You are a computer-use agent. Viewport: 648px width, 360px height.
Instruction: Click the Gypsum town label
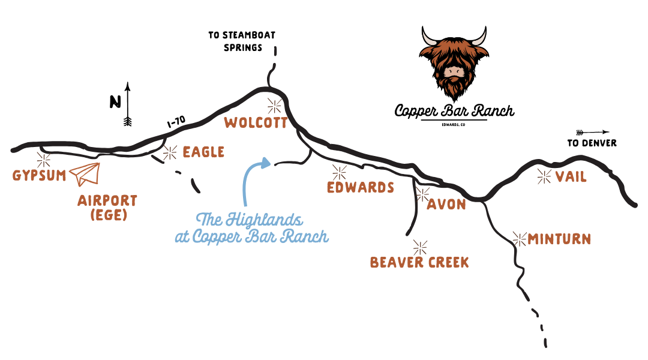point(39,176)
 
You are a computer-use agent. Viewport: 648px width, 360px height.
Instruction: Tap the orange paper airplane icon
point(85,173)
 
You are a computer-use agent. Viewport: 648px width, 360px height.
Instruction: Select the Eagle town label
point(203,152)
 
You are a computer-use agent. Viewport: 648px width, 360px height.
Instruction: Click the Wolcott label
point(256,123)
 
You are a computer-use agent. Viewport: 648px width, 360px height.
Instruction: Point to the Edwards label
point(360,188)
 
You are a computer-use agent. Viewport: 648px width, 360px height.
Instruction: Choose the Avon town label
point(446,205)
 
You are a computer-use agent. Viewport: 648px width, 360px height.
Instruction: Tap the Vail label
point(571,177)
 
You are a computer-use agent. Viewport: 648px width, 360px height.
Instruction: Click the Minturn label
point(559,239)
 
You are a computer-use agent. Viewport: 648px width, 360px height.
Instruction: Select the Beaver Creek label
point(419,263)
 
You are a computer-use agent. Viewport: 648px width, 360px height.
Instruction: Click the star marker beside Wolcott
point(275,106)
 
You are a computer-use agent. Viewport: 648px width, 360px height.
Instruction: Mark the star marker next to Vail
point(544,176)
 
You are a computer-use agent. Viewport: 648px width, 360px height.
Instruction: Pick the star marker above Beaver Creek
point(420,247)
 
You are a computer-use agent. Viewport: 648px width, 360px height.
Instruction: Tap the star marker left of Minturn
point(519,239)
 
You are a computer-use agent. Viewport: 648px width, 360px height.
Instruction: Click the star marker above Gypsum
point(43,160)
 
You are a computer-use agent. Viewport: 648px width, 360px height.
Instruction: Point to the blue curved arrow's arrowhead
point(265,161)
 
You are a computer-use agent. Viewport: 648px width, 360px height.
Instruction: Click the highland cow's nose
point(454,73)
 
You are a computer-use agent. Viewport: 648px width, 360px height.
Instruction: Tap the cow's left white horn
point(429,39)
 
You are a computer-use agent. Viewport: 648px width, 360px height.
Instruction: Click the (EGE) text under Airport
point(109,215)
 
